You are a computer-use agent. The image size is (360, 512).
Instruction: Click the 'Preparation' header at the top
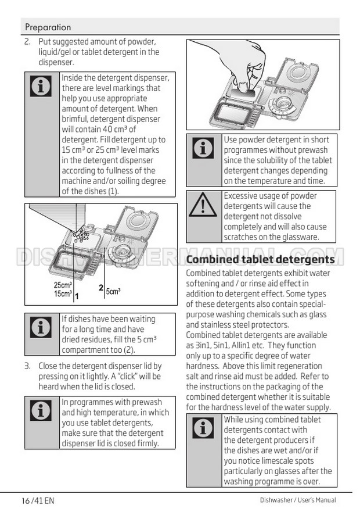(x=48, y=27)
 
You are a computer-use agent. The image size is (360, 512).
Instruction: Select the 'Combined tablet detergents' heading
(x=261, y=259)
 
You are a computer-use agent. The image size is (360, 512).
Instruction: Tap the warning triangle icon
(x=203, y=205)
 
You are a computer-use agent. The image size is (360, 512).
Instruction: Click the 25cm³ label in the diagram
(x=63, y=285)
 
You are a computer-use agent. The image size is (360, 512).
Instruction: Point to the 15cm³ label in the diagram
(x=63, y=293)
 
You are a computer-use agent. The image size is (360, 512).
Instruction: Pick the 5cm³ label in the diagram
(x=113, y=291)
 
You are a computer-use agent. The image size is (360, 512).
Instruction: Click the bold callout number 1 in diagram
(x=77, y=296)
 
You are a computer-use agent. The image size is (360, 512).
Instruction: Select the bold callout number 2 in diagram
(x=101, y=288)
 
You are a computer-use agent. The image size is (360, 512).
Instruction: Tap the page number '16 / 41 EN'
(x=38, y=500)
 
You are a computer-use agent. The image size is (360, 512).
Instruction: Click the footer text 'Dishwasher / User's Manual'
(x=298, y=500)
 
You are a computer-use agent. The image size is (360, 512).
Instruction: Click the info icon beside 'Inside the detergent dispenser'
(x=41, y=86)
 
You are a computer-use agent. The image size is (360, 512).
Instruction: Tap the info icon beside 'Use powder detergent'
(x=203, y=148)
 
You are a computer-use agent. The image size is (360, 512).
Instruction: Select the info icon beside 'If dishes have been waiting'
(x=41, y=327)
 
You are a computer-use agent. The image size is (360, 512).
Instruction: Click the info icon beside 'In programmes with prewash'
(x=41, y=410)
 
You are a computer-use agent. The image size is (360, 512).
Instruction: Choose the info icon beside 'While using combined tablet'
(x=203, y=428)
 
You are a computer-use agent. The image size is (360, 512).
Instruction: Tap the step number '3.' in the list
(x=28, y=366)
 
